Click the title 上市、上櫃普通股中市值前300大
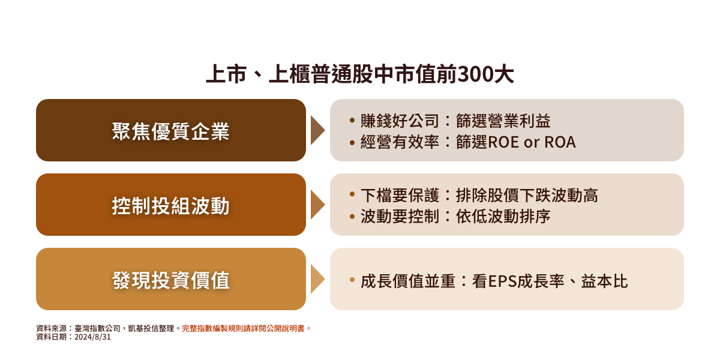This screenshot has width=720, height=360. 360,74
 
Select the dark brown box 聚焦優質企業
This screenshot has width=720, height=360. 170,130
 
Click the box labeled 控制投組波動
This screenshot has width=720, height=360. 170,205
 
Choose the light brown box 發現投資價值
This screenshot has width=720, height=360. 170,279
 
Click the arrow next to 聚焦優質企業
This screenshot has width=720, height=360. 317,130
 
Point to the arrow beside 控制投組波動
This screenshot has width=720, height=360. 317,205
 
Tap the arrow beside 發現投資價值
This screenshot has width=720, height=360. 317,279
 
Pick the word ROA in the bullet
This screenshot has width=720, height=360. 560,142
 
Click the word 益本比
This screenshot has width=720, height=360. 604,281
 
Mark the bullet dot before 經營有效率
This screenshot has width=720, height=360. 352,142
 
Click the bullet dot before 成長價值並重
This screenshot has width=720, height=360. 352,280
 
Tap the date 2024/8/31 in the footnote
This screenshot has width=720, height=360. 92,337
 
